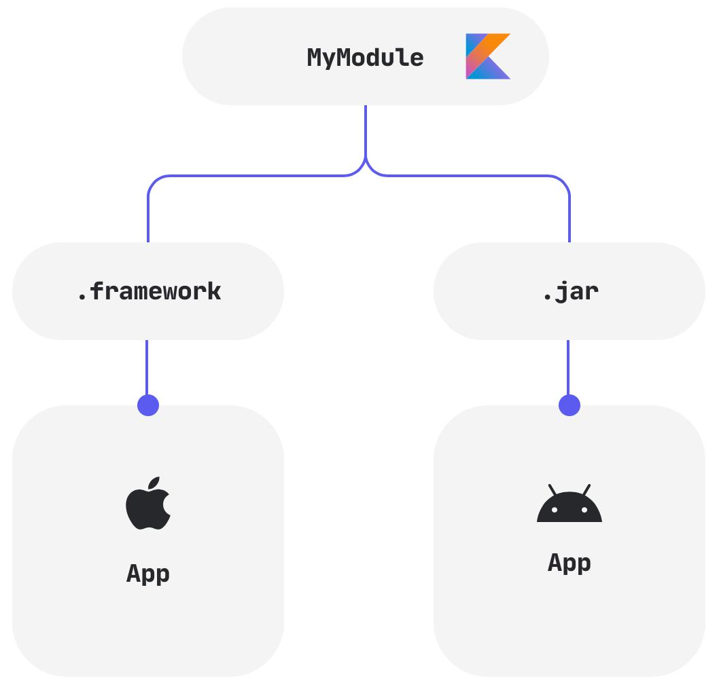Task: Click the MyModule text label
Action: tap(365, 58)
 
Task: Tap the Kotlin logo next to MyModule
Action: tap(487, 56)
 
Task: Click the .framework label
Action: tap(148, 291)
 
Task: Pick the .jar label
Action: tap(569, 291)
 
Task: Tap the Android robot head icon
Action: tap(569, 505)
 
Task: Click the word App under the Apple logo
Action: tap(148, 574)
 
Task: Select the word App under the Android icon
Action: tap(569, 563)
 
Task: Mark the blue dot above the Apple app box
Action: tap(148, 405)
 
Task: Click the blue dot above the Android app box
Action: tap(569, 405)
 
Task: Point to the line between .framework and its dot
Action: tap(147, 367)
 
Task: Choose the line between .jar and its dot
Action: tap(568, 367)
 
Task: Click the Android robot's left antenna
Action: tap(553, 489)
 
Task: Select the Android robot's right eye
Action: tap(584, 510)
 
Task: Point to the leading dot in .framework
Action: tap(81, 298)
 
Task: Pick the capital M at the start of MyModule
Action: tap(315, 58)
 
